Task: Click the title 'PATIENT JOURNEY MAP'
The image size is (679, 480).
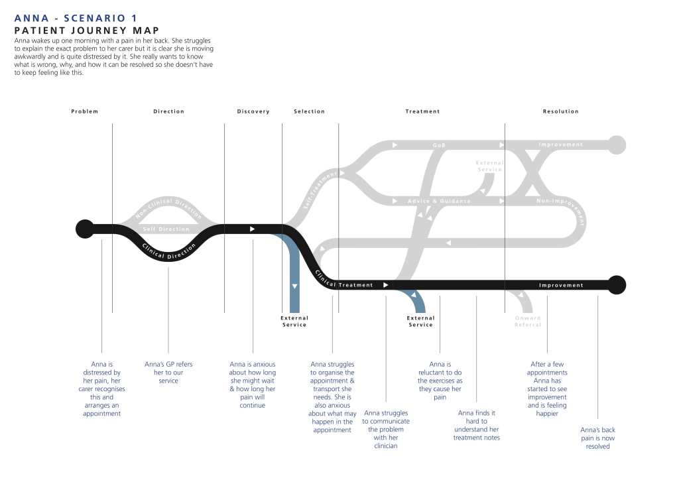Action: coord(87,30)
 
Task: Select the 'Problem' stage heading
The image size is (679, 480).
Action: coord(85,111)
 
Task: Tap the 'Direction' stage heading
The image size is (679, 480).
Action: coord(168,111)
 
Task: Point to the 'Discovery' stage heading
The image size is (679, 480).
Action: coord(253,111)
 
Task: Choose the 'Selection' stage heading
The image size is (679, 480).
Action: coord(309,111)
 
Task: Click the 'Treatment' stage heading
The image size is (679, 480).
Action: coord(422,111)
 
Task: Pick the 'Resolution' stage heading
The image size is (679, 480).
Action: coord(560,111)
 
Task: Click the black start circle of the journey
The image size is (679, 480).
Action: coord(85,229)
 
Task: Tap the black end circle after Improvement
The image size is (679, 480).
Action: coord(617,284)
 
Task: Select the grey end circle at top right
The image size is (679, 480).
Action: coord(617,145)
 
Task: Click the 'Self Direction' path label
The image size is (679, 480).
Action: coord(166,229)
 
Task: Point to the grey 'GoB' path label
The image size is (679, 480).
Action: coord(439,145)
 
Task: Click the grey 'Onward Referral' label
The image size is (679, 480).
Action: coord(528,322)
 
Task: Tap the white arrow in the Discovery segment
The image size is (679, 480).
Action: coord(252,229)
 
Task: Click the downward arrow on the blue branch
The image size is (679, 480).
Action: coord(294,286)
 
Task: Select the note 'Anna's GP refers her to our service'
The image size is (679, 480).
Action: coord(168,373)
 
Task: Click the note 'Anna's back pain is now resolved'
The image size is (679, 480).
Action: coord(597,438)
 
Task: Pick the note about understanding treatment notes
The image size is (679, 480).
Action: coord(476,425)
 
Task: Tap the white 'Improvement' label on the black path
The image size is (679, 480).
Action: coord(561,285)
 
